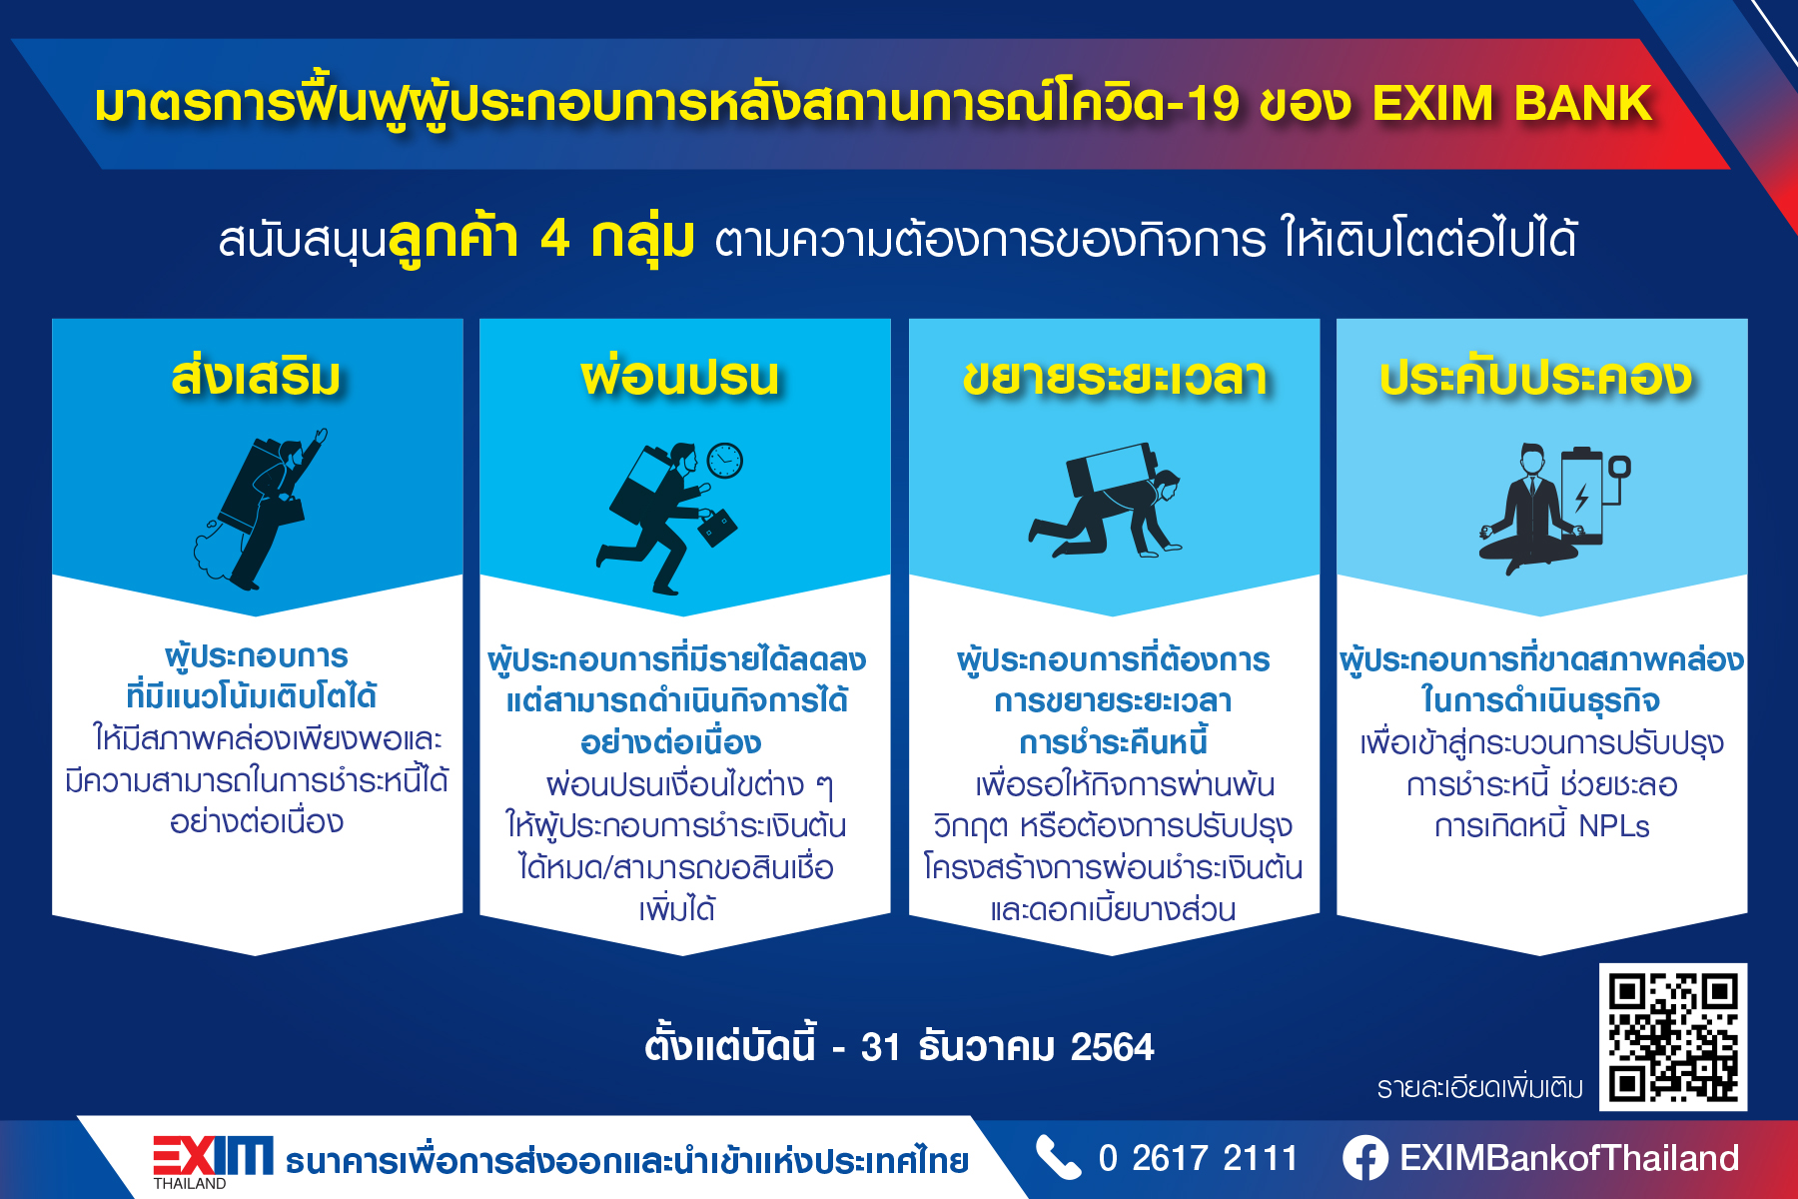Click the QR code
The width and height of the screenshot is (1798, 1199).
pos(1673,1037)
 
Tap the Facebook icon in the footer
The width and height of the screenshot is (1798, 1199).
pos(1365,1158)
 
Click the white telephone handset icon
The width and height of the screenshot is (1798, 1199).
pos(1059,1158)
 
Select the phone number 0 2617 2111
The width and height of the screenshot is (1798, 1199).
pos(1198,1158)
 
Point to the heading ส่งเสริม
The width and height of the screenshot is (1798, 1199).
pos(257,376)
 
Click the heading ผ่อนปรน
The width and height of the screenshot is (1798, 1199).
pos(680,378)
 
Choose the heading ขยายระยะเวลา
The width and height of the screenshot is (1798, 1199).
pos(1115,378)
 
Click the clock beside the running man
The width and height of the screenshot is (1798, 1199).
pos(725,461)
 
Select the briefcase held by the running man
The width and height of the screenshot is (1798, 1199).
pos(717,526)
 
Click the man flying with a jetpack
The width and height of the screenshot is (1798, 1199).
pos(262,509)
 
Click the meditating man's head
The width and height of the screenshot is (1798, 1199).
pos(1532,461)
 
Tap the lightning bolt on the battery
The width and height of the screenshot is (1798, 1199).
pos(1581,497)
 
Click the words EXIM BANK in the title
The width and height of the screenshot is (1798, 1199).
pos(1512,103)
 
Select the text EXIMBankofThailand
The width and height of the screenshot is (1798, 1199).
pos(1569,1158)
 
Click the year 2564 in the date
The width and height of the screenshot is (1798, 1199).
pos(1112,1047)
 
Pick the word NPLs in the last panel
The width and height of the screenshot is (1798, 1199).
pos(1614,826)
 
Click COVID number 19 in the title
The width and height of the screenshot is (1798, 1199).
pos(1212,104)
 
